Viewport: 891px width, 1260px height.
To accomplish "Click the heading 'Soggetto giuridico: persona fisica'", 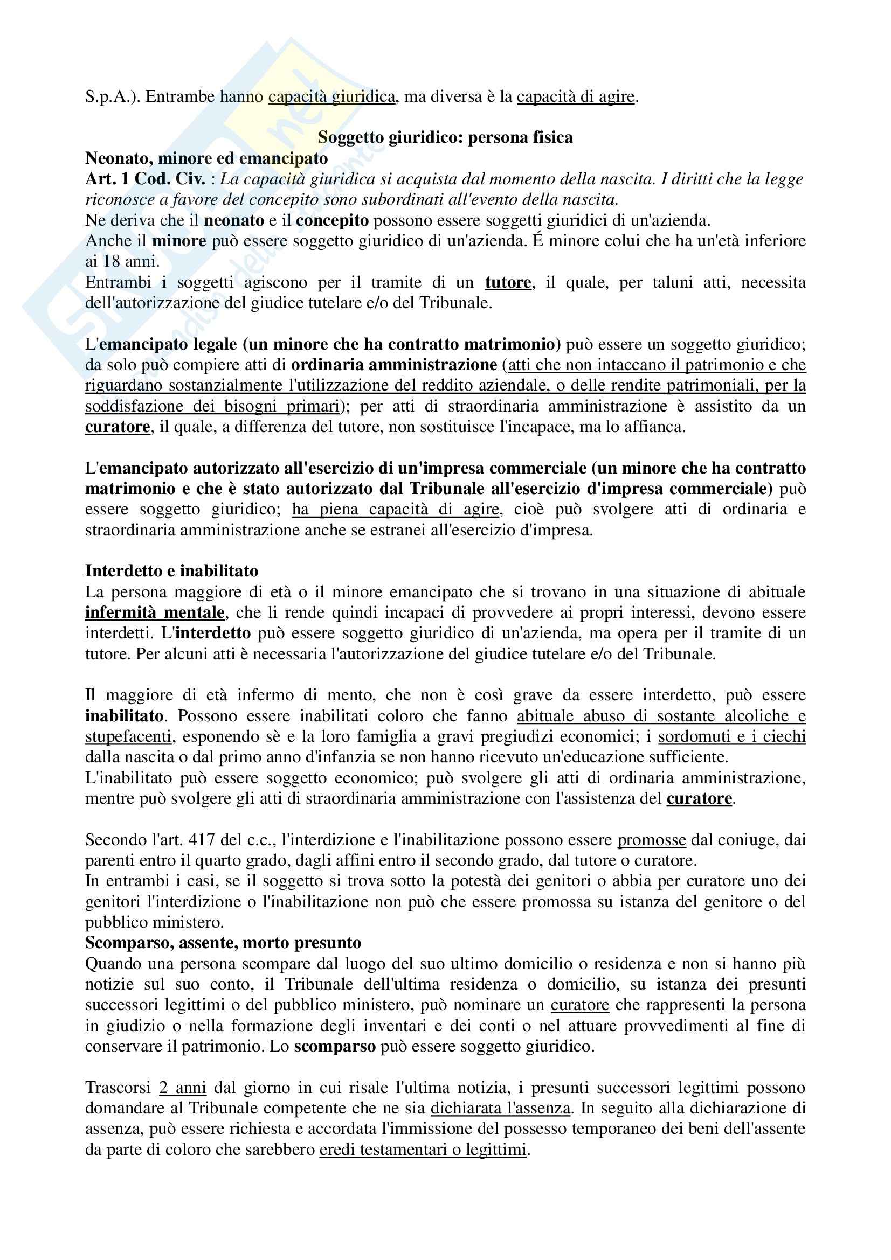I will click(x=445, y=137).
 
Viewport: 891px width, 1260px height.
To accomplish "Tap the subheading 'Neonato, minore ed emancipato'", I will click(x=206, y=158).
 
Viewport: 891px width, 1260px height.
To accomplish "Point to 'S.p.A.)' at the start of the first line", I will click(x=112, y=96).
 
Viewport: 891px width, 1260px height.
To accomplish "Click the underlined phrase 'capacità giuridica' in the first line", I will click(x=331, y=96).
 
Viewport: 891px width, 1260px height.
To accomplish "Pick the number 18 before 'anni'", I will click(x=112, y=261).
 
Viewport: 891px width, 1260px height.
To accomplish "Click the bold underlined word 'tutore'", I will click(x=508, y=282).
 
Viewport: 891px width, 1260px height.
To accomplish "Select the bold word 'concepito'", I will click(x=332, y=220).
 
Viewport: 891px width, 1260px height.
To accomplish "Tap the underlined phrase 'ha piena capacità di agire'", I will click(x=395, y=509).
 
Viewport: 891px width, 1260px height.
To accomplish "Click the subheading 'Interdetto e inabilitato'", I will click(x=172, y=570).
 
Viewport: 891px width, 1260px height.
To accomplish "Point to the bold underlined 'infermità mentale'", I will click(x=155, y=612).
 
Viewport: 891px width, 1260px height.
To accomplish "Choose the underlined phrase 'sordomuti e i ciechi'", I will click(x=732, y=736).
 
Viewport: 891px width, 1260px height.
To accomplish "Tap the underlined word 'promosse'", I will click(x=652, y=840).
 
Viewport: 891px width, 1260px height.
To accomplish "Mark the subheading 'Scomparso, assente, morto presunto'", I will click(x=223, y=943).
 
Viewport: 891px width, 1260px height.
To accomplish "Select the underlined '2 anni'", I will click(x=183, y=1088).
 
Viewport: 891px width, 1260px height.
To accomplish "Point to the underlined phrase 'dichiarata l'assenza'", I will click(x=500, y=1108).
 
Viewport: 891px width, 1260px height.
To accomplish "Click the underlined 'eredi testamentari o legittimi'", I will click(x=423, y=1149).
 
